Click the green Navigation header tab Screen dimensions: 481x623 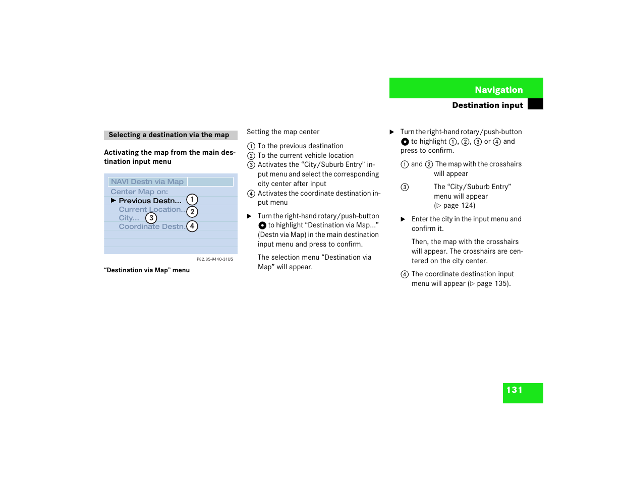466,88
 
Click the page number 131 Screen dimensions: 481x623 515,390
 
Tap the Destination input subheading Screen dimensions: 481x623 487,105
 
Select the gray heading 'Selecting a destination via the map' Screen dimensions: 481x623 169,135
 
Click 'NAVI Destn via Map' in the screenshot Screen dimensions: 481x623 147,182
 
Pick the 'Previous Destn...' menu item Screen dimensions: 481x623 150,201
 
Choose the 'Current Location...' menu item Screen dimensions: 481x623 151,209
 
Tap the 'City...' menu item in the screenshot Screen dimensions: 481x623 129,218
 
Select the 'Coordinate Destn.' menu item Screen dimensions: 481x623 151,227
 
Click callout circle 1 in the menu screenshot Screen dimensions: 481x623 192,200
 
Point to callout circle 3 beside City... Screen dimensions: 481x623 151,218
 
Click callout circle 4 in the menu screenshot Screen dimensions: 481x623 192,226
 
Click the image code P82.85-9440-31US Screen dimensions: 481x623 215,259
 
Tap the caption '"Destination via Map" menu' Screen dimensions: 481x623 147,270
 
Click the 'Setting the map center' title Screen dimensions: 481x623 283,132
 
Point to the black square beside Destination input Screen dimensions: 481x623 535,104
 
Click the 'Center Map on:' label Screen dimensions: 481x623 139,192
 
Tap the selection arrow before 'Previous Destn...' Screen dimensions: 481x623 114,201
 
